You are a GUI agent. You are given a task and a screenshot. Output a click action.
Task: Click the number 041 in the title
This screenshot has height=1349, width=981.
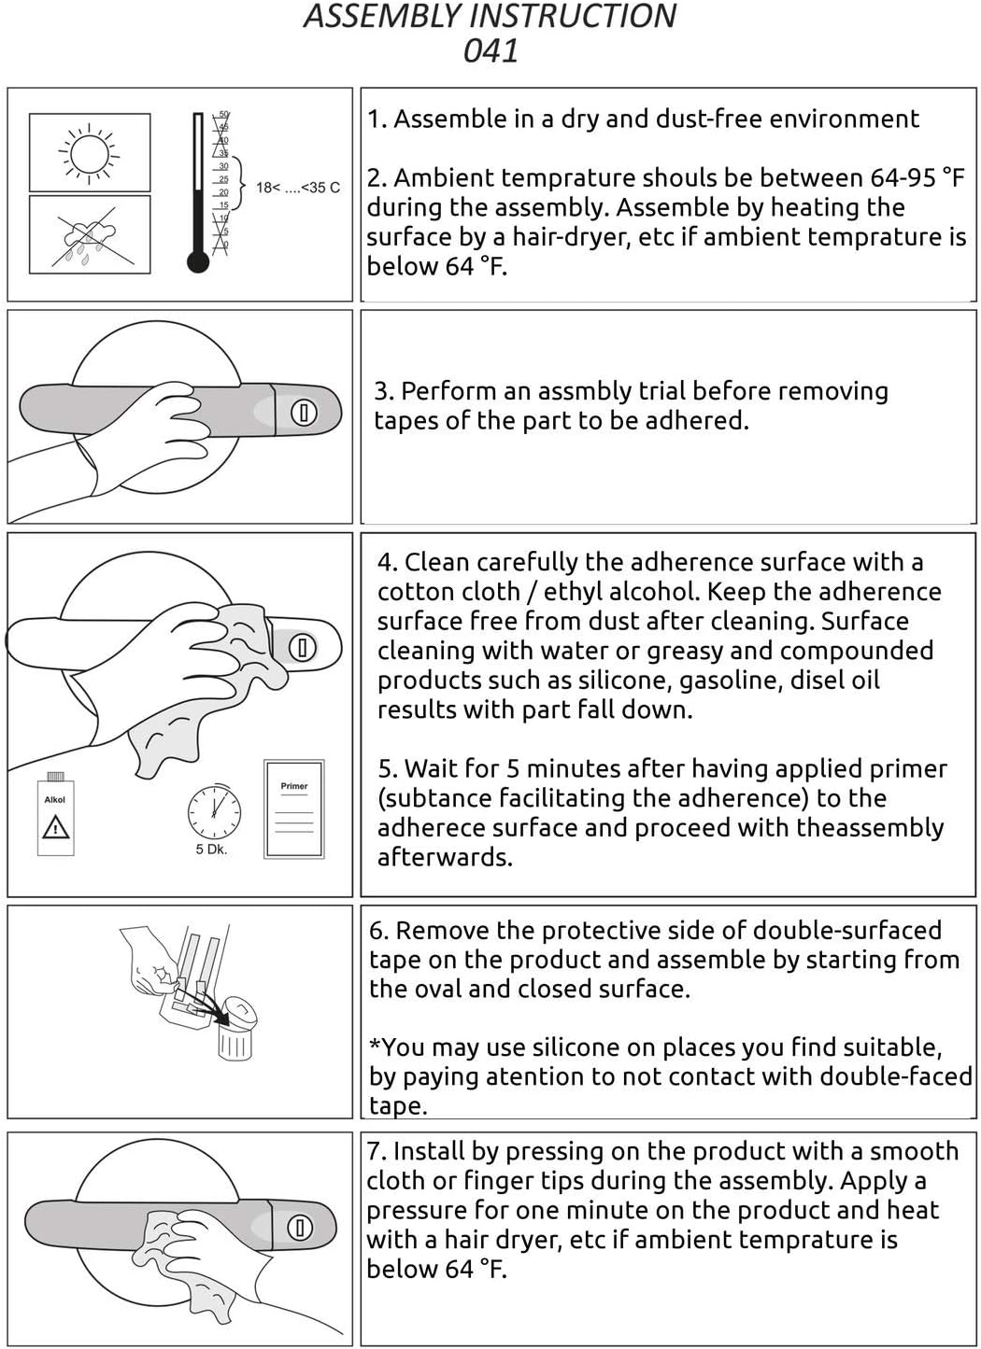490,50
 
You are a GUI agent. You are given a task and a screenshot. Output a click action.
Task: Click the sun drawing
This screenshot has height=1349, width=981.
89,153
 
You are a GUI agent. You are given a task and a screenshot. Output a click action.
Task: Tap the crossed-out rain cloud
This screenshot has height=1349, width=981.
89,235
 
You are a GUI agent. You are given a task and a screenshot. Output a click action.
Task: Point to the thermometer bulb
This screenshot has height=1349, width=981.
198,262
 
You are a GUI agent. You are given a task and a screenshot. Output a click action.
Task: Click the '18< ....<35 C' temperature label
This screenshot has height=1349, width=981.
298,188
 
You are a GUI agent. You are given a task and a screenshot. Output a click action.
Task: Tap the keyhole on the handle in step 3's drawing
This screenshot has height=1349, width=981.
304,413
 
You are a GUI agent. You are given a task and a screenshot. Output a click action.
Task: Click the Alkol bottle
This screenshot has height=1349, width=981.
55,813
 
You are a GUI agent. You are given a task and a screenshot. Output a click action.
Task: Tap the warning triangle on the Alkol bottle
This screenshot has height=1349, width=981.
55,827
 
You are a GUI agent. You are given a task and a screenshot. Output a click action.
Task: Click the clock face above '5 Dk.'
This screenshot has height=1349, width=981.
214,813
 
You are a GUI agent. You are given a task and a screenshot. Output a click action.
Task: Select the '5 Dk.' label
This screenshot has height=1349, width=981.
211,850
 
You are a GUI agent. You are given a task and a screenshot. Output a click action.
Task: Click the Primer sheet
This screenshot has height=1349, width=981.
294,808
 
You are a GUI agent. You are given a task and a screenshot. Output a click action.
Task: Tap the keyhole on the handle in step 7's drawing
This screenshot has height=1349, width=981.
300,1227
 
